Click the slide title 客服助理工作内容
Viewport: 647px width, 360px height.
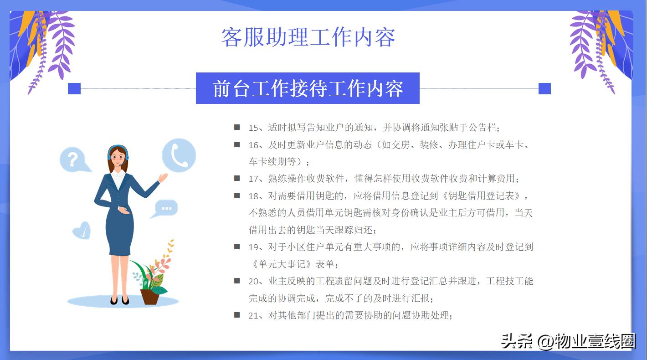click(308, 37)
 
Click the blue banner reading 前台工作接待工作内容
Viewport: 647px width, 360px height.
click(308, 88)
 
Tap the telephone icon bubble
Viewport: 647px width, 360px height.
click(179, 155)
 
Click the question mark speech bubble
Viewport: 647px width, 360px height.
click(73, 159)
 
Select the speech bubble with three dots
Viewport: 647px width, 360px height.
click(166, 208)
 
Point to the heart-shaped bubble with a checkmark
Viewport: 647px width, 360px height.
click(82, 231)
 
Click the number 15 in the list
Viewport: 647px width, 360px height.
click(253, 128)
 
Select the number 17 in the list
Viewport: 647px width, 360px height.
click(253, 179)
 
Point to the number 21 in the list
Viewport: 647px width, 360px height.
click(253, 315)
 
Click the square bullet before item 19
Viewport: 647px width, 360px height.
click(237, 247)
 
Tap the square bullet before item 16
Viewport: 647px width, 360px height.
click(237, 144)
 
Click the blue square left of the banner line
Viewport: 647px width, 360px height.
click(74, 88)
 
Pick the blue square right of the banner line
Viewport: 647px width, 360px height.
click(544, 88)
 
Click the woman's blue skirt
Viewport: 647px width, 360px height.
click(119, 232)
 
